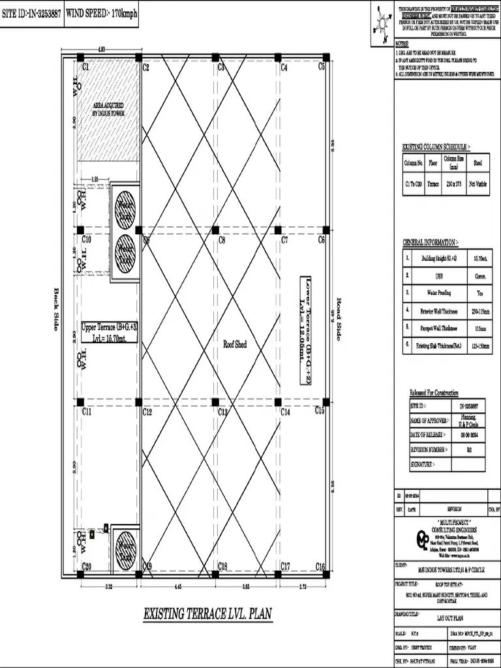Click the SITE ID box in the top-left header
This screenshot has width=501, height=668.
click(x=32, y=13)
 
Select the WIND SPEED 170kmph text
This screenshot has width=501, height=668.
click(x=102, y=13)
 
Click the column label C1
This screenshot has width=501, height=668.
click(x=85, y=67)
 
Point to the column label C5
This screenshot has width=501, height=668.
click(x=322, y=67)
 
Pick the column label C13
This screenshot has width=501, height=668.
click(x=222, y=412)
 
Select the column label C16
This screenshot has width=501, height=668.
click(x=320, y=566)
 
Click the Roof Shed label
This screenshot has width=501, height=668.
click(x=235, y=344)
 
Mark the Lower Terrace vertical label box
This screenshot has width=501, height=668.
click(x=309, y=329)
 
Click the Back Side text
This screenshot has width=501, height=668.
click(x=56, y=309)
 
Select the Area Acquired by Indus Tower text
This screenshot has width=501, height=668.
click(x=108, y=109)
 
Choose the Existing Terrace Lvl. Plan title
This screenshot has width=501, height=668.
click(x=207, y=614)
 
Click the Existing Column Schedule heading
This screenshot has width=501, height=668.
click(x=436, y=148)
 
